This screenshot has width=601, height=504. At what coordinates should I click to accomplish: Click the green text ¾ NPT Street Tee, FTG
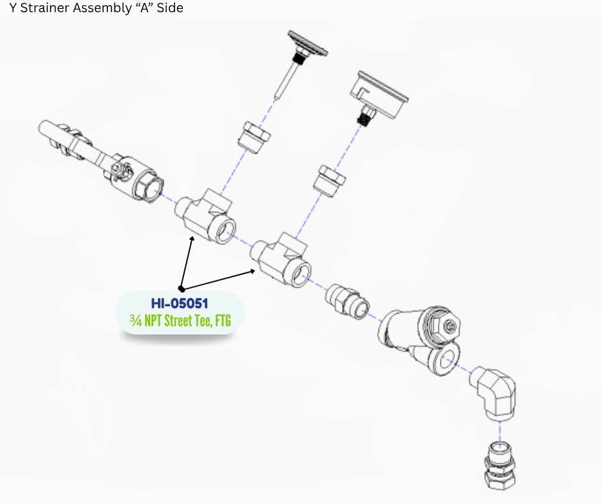(x=180, y=320)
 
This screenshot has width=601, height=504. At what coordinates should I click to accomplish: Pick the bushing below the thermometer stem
(x=253, y=136)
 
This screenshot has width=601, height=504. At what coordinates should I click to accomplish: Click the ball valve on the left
(x=96, y=157)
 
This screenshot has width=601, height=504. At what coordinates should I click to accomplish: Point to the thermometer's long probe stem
(x=286, y=80)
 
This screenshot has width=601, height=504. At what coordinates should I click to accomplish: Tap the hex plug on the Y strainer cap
(x=449, y=326)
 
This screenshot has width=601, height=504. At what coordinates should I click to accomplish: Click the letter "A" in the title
(x=143, y=9)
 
